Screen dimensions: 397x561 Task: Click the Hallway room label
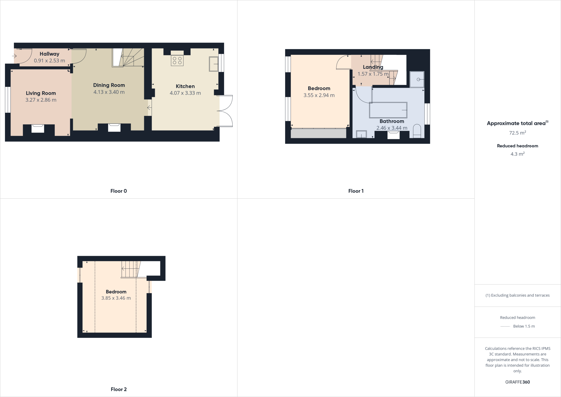pyautogui.click(x=49, y=54)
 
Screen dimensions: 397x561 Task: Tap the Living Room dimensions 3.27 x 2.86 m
pyautogui.click(x=41, y=100)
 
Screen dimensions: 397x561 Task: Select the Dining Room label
pyautogui.click(x=109, y=85)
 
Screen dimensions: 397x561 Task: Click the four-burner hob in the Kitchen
pyautogui.click(x=177, y=61)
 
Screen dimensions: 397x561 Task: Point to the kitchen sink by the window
pyautogui.click(x=213, y=64)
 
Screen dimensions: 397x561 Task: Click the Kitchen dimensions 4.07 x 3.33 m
pyautogui.click(x=185, y=93)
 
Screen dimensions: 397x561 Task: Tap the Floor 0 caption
pyautogui.click(x=119, y=191)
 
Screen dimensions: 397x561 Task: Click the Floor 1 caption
pyautogui.click(x=356, y=191)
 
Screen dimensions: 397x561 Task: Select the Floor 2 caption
pyautogui.click(x=119, y=389)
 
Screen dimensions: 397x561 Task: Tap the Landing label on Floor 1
pyautogui.click(x=373, y=67)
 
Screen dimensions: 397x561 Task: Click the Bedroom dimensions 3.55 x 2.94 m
pyautogui.click(x=319, y=95)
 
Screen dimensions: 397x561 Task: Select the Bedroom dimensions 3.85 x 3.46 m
pyautogui.click(x=116, y=298)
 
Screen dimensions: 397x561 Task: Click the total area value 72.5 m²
pyautogui.click(x=517, y=133)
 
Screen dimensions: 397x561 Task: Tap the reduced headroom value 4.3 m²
pyautogui.click(x=517, y=154)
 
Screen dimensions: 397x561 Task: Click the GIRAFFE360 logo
pyautogui.click(x=517, y=382)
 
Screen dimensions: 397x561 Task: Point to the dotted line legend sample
pyautogui.click(x=505, y=326)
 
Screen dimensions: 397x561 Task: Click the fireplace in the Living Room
pyautogui.click(x=38, y=128)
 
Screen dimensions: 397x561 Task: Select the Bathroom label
pyautogui.click(x=392, y=121)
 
